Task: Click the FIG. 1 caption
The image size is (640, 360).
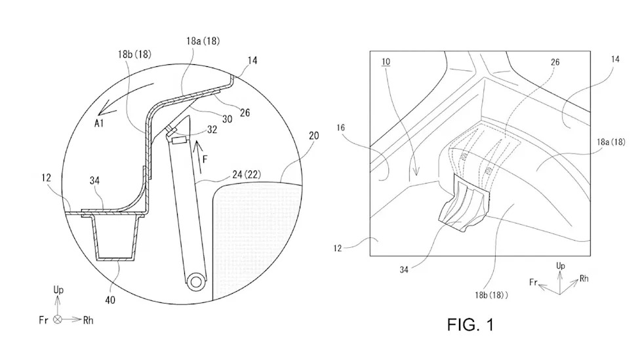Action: tap(470, 325)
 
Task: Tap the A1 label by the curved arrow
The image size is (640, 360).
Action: tap(99, 123)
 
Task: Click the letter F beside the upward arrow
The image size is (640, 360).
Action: tap(205, 159)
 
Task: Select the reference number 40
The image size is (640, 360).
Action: tap(110, 300)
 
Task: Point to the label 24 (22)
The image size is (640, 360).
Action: tap(247, 174)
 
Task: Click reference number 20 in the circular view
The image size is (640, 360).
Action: tap(314, 136)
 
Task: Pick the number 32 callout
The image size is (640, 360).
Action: tap(212, 129)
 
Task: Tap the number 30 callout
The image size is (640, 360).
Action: tap(228, 119)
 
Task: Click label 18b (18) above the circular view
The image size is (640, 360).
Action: tap(134, 54)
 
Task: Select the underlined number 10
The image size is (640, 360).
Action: tap(386, 62)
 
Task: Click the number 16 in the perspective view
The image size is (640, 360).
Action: tap(341, 128)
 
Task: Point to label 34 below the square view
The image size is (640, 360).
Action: tap(404, 270)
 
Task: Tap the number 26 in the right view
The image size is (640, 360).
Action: tap(555, 62)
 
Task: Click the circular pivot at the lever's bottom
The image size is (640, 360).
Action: tap(195, 281)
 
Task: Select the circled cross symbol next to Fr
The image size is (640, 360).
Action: tap(58, 320)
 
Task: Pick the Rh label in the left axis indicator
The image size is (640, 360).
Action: tap(88, 321)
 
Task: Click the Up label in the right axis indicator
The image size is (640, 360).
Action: tap(561, 266)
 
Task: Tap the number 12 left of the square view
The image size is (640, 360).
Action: tap(338, 248)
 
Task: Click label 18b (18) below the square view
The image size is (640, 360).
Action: tap(491, 294)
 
